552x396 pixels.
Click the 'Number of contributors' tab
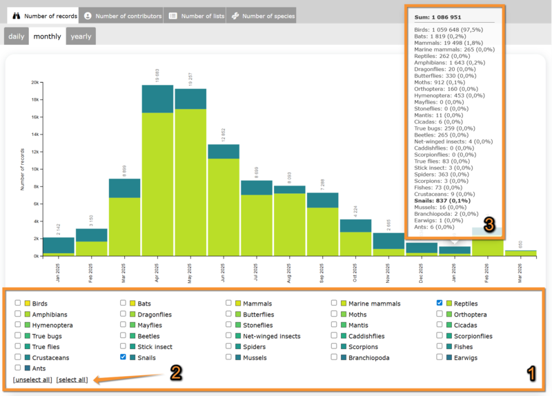(124, 15)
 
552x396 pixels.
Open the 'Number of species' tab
(263, 15)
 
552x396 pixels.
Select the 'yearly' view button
(81, 37)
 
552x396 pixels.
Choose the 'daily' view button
(17, 37)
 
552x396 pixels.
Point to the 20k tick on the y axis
(34, 82)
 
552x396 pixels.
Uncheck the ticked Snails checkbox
(124, 357)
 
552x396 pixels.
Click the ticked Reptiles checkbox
(440, 303)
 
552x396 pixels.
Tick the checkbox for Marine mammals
(334, 303)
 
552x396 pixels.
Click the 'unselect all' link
(32, 380)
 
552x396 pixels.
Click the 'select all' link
(72, 380)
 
